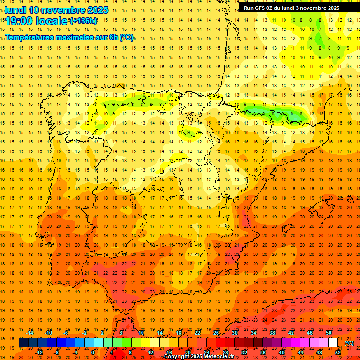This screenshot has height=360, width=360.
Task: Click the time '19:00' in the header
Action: tap(20, 21)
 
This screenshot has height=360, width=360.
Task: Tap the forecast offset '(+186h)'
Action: tap(83, 21)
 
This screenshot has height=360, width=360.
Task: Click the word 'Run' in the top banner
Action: tap(249, 8)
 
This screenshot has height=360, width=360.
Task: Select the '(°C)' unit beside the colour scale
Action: tap(349, 343)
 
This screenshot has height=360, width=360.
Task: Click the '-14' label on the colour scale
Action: tap(30, 333)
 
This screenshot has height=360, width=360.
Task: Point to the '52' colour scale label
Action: tap(338, 352)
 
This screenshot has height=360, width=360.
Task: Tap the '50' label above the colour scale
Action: tap(329, 333)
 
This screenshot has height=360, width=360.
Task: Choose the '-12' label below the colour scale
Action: tap(39, 352)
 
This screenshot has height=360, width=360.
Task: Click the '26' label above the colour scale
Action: tap(216, 333)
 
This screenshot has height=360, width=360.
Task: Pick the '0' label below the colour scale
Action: tap(93, 352)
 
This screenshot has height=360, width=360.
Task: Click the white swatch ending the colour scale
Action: tap(333, 343)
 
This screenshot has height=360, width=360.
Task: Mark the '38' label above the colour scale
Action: tap(272, 333)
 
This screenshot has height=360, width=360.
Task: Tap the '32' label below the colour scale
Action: tap(244, 352)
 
